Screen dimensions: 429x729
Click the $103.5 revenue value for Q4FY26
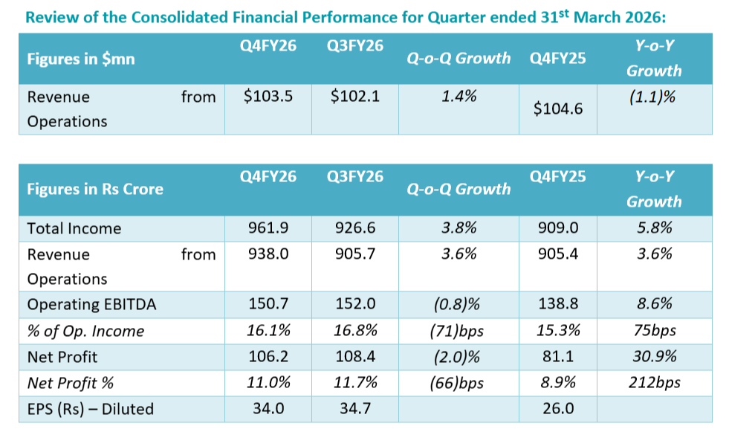coord(268,97)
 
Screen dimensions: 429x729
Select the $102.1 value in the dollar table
coord(355,97)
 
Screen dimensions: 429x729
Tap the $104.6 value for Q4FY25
coord(558,109)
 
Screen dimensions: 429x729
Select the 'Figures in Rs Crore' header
coord(95,189)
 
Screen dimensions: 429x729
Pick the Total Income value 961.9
coord(268,229)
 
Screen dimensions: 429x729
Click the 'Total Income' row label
coord(74,229)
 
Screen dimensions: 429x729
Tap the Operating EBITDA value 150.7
coord(268,305)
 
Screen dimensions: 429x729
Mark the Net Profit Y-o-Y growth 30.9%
coord(653,356)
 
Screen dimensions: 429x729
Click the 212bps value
coord(653,382)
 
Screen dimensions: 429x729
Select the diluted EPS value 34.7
coord(355,407)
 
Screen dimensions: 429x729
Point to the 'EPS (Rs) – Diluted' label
coord(90,408)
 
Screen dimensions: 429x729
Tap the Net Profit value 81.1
coord(558,356)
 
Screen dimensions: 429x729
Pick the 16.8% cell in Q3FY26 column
coord(355,331)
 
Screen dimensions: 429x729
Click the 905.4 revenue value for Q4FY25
coord(558,254)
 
